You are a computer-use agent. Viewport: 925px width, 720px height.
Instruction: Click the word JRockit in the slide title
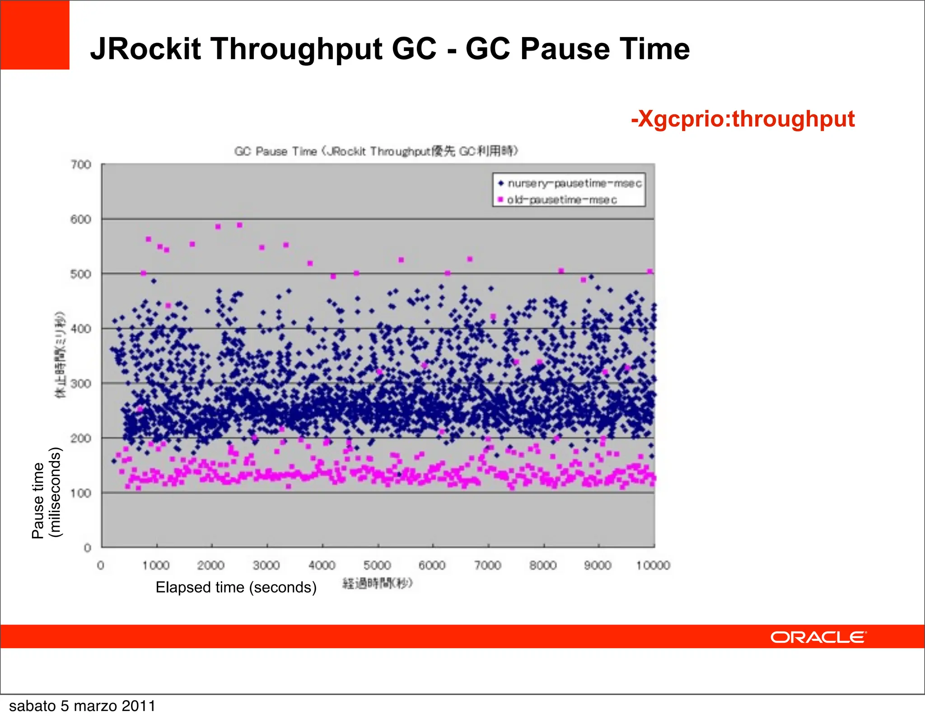[x=145, y=49]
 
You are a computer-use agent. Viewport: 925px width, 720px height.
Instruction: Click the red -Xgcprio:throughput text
[x=743, y=119]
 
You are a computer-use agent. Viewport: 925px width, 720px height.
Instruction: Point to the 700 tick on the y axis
[x=81, y=165]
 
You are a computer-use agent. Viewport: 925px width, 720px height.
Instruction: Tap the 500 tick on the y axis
[x=81, y=274]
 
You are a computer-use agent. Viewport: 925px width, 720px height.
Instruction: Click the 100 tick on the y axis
[x=81, y=493]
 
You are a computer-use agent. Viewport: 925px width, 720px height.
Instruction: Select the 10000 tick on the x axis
[x=653, y=565]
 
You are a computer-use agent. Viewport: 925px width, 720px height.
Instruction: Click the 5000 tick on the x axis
[x=377, y=565]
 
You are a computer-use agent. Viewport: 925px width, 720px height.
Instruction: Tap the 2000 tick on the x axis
[x=211, y=565]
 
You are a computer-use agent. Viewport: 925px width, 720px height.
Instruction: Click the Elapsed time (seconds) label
[x=236, y=587]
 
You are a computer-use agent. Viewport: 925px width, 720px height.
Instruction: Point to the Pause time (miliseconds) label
[x=46, y=493]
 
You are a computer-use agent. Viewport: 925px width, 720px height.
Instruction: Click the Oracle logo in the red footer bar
[x=818, y=637]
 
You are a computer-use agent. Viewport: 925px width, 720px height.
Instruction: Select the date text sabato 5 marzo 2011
[x=82, y=706]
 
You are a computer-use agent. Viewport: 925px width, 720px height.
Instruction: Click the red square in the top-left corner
[x=35, y=35]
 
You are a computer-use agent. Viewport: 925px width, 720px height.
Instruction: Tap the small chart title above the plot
[x=376, y=151]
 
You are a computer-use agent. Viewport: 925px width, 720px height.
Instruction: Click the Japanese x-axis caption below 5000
[x=378, y=584]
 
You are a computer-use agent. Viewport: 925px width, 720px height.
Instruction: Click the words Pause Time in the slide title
[x=605, y=49]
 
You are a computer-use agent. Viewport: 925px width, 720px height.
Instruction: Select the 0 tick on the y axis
[x=88, y=548]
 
